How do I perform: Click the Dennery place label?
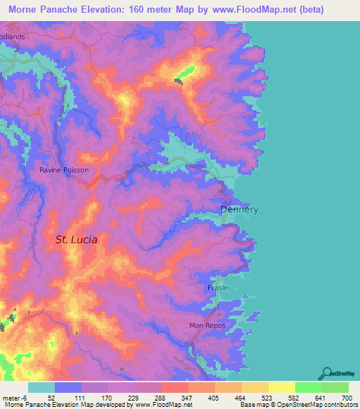pyautogui.click(x=240, y=209)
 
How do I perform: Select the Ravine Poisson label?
pyautogui.click(x=64, y=169)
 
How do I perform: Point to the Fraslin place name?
pyautogui.click(x=219, y=288)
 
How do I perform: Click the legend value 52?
pyautogui.click(x=52, y=397)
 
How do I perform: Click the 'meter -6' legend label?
pyautogui.click(x=13, y=397)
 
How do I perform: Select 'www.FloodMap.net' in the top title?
pyautogui.click(x=266, y=10)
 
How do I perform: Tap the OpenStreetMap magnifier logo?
pyautogui.click(x=326, y=372)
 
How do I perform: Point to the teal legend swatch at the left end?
pyautogui.click(x=41, y=387)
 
